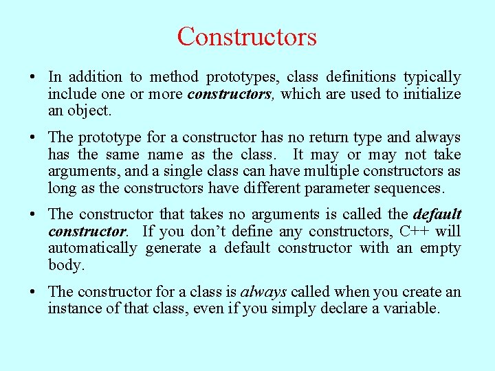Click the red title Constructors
click(x=247, y=36)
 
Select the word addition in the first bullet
click(x=94, y=77)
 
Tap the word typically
click(x=432, y=77)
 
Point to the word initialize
click(x=432, y=94)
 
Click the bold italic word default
click(x=437, y=214)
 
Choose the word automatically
click(x=92, y=248)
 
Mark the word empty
click(x=439, y=248)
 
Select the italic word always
click(x=263, y=292)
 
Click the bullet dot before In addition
click(x=34, y=78)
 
